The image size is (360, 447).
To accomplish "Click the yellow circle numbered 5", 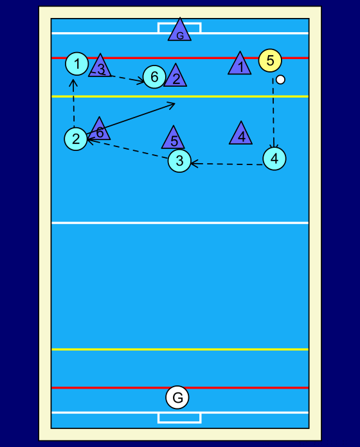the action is tap(270, 60).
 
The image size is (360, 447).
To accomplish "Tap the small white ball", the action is tap(280, 80).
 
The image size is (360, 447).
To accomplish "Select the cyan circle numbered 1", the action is tap(76, 64).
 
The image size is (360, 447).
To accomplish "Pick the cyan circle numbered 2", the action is tap(76, 139).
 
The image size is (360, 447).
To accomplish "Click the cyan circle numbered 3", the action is tap(179, 161).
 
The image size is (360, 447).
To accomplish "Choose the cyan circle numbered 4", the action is tap(274, 159).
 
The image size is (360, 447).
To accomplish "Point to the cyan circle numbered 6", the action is tap(154, 76).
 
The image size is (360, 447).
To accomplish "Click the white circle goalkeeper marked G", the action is tap(177, 397).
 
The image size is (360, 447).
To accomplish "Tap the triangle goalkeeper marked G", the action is tap(180, 32).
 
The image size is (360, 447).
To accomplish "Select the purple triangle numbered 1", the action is tap(240, 66).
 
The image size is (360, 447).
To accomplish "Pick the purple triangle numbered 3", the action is tap(100, 67).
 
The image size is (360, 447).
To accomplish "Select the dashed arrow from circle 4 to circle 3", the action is tap(226, 164).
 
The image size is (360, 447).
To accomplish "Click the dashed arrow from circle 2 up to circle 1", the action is tap(73, 103).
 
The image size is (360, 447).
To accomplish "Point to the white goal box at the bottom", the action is tap(179, 417).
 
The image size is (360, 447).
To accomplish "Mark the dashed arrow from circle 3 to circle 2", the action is tap(127, 149).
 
